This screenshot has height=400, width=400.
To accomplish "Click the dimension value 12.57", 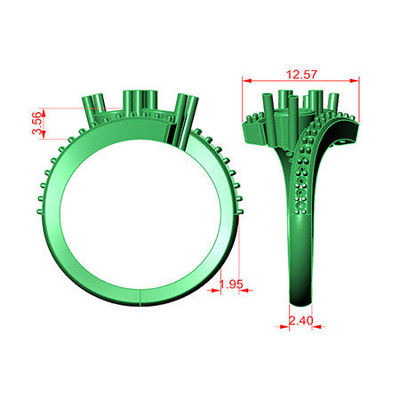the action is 301,75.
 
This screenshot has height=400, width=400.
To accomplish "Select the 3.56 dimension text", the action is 36,123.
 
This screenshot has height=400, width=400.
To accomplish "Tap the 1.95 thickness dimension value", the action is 231,284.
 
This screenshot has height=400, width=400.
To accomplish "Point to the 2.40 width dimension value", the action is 301,320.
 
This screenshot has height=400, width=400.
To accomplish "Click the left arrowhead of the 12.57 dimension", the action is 247,80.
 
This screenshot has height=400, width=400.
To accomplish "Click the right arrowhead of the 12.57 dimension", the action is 355,80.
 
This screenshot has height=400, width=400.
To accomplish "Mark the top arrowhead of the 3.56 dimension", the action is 44,112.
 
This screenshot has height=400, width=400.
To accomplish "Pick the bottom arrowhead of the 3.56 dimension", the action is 44,134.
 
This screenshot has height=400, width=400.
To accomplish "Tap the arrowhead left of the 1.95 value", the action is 216,291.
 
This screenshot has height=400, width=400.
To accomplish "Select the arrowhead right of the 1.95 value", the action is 244,291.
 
